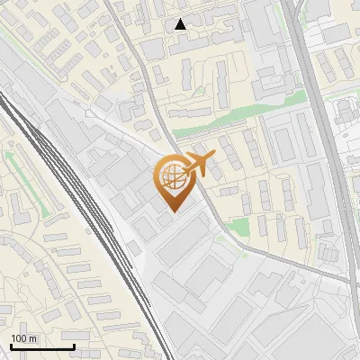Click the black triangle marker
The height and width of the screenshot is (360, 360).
pos(181,24)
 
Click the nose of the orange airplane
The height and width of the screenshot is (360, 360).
pos(213,157)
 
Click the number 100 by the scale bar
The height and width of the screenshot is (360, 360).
pos(19,339)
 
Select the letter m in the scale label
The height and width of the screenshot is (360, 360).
pos(33,339)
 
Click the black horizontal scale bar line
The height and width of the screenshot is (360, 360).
pos(42,347)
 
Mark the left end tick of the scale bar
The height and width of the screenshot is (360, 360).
pos(12,346)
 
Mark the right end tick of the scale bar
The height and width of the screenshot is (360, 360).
pos(74,346)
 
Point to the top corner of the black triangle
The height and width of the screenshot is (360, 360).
pos(181,19)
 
